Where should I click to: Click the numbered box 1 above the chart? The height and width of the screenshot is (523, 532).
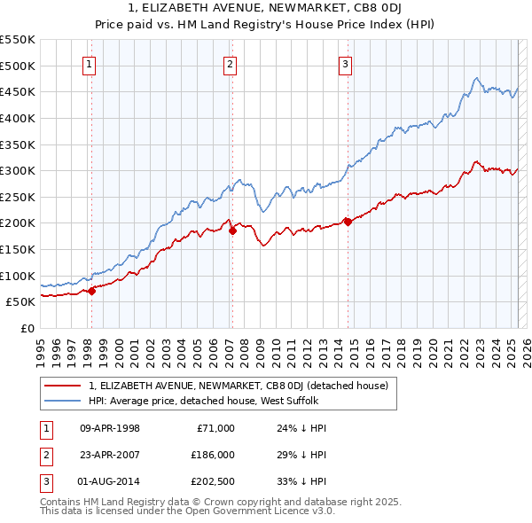click(90, 63)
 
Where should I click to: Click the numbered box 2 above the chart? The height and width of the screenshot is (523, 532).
click(231, 63)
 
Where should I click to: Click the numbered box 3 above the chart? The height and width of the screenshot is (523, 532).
click(345, 63)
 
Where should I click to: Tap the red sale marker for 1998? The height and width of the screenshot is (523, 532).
click(91, 291)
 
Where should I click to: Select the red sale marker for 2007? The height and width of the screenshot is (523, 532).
click(232, 230)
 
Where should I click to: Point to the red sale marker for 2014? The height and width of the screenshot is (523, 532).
click(348, 222)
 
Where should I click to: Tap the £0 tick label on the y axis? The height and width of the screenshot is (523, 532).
click(27, 328)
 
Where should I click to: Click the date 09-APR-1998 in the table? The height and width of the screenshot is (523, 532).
click(110, 428)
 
